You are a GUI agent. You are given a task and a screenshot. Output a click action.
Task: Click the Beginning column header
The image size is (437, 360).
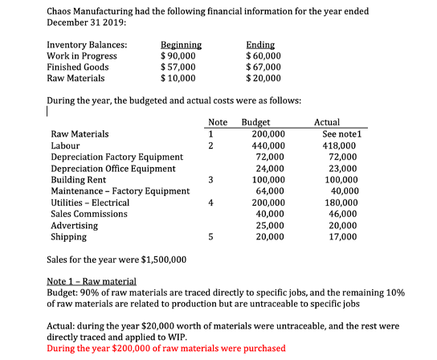[x=181, y=45]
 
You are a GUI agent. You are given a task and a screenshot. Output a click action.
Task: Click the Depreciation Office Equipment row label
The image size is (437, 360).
[x=113, y=169]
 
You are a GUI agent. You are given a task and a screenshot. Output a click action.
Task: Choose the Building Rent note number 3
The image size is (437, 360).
[x=210, y=180]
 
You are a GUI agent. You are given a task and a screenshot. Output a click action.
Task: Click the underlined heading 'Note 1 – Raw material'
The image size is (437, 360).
[x=92, y=282]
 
